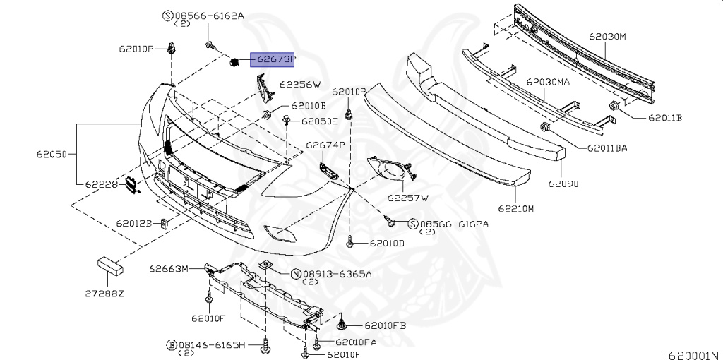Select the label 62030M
pyautogui.click(x=608, y=35)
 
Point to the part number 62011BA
pyautogui.click(x=607, y=148)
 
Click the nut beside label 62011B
pyautogui.click(x=616, y=107)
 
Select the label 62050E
pyautogui.click(x=319, y=121)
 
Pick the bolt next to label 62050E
pyautogui.click(x=289, y=121)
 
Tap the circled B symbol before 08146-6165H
pyautogui.click(x=171, y=345)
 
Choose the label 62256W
pyautogui.click(x=299, y=85)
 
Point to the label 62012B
pyautogui.click(x=134, y=224)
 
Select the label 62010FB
pyautogui.click(x=386, y=326)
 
